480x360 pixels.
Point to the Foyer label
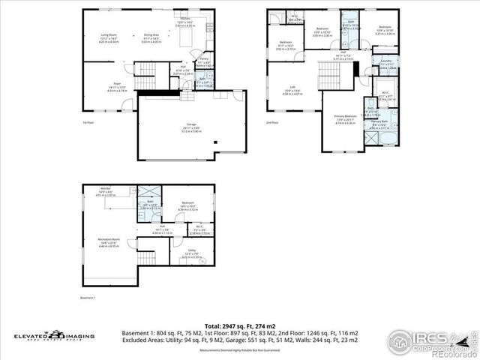(x=117, y=83)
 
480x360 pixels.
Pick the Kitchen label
(x=184, y=18)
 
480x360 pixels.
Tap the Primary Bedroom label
(x=344, y=116)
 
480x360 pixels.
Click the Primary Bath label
(x=379, y=121)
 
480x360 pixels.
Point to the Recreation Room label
(x=109, y=239)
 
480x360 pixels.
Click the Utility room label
(x=192, y=250)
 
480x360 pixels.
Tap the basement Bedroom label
(x=187, y=203)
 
